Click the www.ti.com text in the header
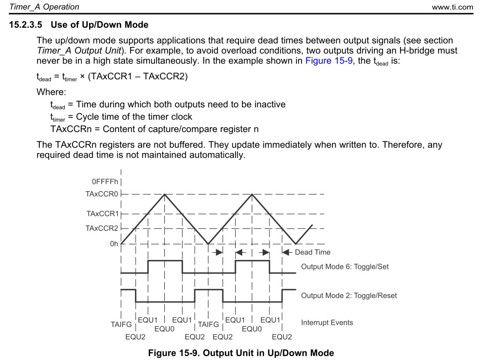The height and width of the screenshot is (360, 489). point(453,7)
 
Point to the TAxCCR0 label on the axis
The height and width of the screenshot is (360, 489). point(102,194)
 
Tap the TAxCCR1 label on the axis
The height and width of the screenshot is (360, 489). point(102,213)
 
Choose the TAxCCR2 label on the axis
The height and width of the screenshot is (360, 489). point(102,228)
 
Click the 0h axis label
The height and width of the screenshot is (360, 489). point(114,243)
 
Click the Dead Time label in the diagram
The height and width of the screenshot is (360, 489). point(313,252)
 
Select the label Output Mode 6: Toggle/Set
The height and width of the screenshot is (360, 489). point(345,267)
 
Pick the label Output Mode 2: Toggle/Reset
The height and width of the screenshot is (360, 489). point(348,295)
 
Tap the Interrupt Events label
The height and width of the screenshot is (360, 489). point(327,322)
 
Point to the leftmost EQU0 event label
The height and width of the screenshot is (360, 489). point(164,328)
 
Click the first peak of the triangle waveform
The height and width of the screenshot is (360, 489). point(164,194)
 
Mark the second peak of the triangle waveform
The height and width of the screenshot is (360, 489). point(252,194)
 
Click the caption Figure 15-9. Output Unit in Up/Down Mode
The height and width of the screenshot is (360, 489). point(241,353)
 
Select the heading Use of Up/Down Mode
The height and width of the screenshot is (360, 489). point(103,25)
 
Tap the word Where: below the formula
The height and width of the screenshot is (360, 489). point(51,91)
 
